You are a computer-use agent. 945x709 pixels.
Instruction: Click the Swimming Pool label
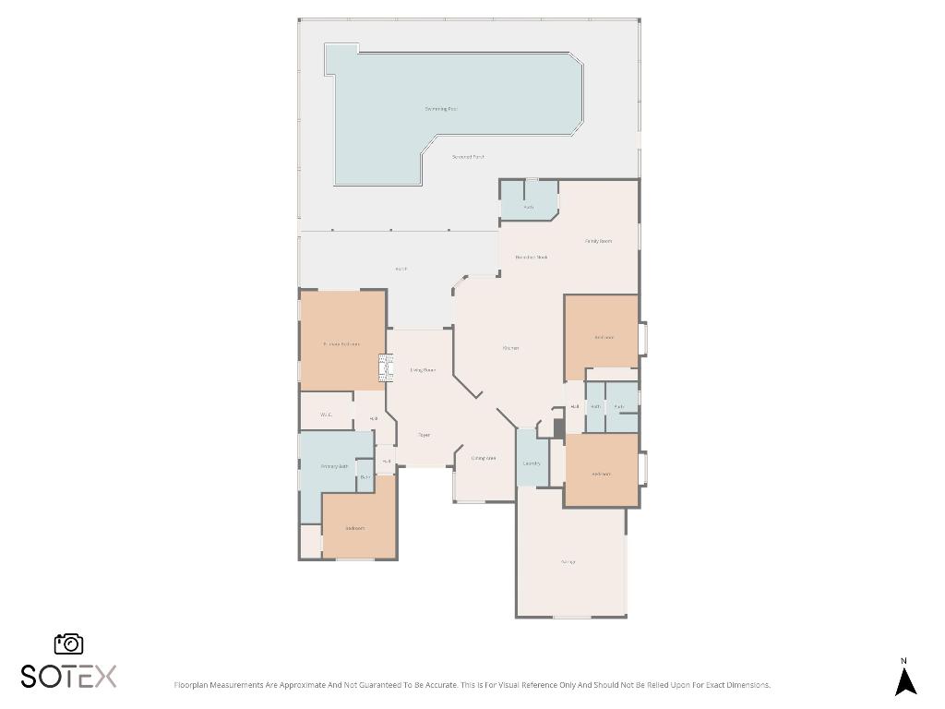pos(441,109)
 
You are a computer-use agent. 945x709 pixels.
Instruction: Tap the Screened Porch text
pos(468,157)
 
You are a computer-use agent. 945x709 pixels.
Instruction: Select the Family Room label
pos(599,241)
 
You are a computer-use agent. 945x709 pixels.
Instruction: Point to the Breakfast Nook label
pos(532,257)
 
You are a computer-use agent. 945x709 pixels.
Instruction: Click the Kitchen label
pos(510,348)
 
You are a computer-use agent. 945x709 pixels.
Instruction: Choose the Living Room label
pos(423,370)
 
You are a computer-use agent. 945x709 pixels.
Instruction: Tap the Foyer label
pos(424,435)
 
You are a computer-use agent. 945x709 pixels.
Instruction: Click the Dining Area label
pos(484,458)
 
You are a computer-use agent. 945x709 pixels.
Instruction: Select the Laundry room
pos(532,463)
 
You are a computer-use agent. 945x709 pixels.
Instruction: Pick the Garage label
pos(568,561)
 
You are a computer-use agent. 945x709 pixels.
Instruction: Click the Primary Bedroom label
pos(341,344)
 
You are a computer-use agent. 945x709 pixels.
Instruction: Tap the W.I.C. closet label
pos(326,415)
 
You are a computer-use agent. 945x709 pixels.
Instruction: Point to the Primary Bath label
pos(334,467)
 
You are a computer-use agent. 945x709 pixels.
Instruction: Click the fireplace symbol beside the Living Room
pos(380,370)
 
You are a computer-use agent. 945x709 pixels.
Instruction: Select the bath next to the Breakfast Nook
pos(529,207)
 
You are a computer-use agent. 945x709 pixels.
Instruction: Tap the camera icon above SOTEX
pos(69,643)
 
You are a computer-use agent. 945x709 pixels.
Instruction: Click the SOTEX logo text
pos(69,677)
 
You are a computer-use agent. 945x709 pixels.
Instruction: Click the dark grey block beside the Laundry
pos(558,428)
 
